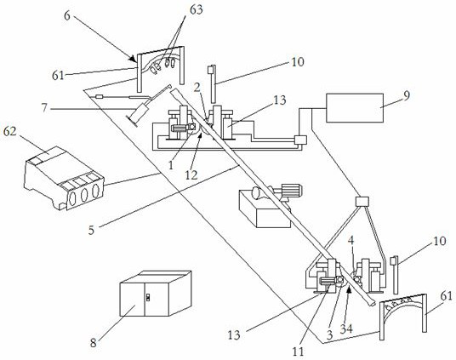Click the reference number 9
click(407, 95)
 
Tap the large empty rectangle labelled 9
click(355, 108)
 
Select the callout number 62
click(10, 132)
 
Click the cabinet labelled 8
click(156, 294)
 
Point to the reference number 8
click(93, 343)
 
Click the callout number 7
click(44, 108)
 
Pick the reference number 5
click(91, 230)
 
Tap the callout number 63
click(197, 9)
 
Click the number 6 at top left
click(67, 16)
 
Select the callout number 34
click(346, 329)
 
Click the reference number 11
click(298, 351)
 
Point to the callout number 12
click(191, 175)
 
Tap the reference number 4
click(351, 240)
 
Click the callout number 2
click(197, 88)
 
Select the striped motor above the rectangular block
click(292, 191)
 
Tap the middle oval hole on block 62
click(84, 195)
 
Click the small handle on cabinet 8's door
click(147, 297)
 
